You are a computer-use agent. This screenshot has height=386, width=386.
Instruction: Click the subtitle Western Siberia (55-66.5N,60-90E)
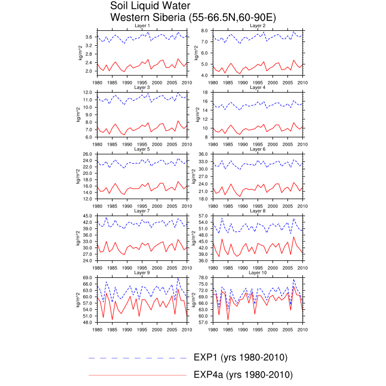pos(193,18)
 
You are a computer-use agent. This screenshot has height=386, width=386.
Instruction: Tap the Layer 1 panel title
pos(142,25)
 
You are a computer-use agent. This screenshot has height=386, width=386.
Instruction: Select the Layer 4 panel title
pos(258,87)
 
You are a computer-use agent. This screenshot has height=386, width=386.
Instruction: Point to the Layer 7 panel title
pos(142,211)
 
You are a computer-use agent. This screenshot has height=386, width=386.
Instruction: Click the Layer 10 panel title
pos(258,272)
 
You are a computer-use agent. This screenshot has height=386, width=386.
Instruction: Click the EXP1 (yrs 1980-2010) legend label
pos(240,357)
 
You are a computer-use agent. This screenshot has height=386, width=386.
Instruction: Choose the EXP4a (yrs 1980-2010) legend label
pos(243,374)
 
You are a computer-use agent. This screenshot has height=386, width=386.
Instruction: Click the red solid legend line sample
pos(138,375)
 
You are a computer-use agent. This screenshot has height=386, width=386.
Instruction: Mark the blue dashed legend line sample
pos(138,358)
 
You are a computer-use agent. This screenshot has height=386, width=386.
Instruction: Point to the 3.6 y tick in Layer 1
pos(90,37)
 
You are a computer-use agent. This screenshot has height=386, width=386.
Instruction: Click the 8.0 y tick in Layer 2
pos(204,30)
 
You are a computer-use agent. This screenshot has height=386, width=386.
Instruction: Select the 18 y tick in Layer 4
pos(206,92)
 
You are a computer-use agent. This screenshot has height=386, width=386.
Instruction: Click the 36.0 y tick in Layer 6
pos(203,154)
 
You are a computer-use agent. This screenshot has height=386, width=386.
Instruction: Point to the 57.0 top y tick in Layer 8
pos(203,216)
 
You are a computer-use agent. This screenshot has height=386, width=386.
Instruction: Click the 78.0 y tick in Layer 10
pos(203,277)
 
